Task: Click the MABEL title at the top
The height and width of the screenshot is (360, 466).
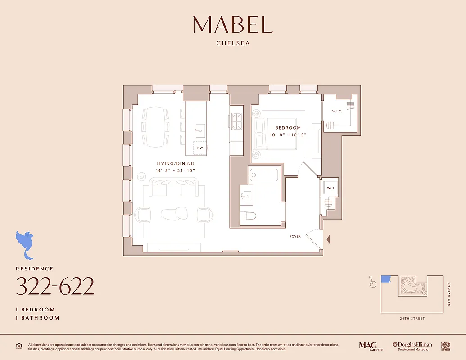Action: (x=233, y=25)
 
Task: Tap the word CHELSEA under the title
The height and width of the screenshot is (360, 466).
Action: (x=233, y=44)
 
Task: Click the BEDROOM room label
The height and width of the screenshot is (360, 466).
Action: (x=288, y=128)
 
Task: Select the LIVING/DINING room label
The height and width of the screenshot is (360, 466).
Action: (x=175, y=164)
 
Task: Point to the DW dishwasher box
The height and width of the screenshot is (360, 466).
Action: (x=199, y=148)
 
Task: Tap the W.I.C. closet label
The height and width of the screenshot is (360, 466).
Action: (x=338, y=111)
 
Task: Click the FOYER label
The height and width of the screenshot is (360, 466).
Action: (x=295, y=236)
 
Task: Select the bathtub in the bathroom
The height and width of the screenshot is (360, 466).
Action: (x=264, y=175)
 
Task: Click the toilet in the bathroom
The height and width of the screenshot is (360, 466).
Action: (x=248, y=216)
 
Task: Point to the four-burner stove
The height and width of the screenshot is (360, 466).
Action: (x=236, y=121)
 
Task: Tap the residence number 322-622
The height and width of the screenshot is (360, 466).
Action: (x=55, y=286)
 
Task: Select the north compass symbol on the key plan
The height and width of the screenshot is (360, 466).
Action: (x=372, y=283)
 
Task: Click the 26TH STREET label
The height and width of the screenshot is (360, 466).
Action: (x=412, y=319)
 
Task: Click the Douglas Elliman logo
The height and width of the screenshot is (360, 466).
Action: (x=412, y=346)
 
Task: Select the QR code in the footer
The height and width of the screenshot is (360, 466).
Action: (x=446, y=346)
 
